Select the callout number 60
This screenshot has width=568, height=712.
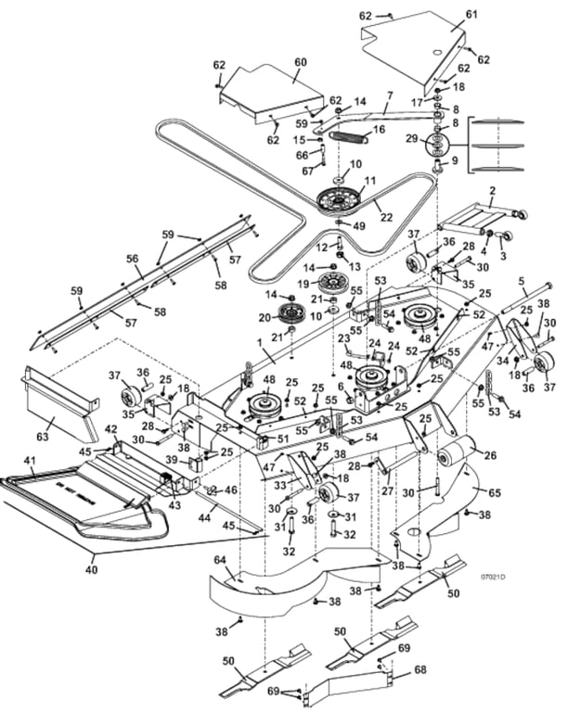[300, 61]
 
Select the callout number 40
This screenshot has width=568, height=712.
[91, 569]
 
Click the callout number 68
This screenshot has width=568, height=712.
[420, 668]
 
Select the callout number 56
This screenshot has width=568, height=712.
[132, 259]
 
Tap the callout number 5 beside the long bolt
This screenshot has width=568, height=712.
[522, 280]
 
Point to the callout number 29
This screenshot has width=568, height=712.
[411, 137]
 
